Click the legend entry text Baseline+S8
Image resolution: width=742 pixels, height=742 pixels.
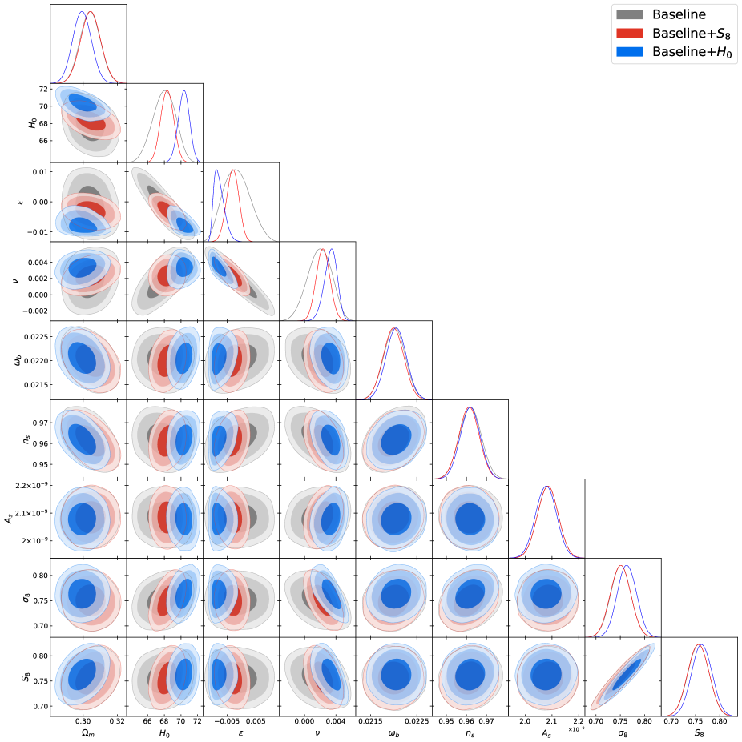(691, 34)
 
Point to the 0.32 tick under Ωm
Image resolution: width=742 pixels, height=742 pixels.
(116, 720)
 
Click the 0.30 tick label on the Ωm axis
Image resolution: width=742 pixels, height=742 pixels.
(83, 720)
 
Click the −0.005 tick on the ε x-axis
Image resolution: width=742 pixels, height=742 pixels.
(221, 720)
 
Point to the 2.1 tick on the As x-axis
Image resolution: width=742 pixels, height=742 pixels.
(551, 720)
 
